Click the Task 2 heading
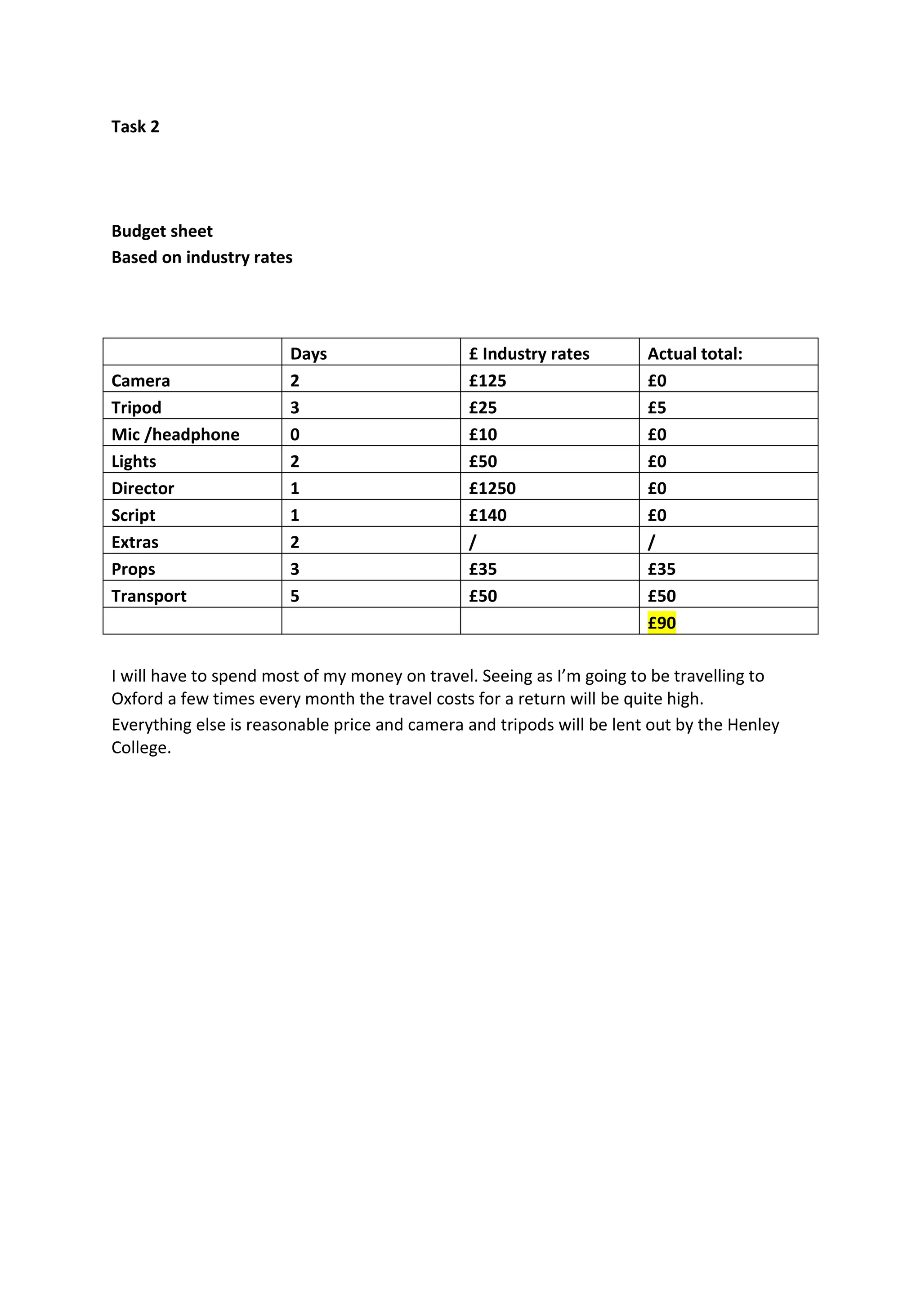point(135,126)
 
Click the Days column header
point(308,354)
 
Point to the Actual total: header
point(695,354)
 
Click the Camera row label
point(141,380)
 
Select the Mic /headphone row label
point(175,434)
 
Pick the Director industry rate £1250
point(492,488)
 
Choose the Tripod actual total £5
point(657,408)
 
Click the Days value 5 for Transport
point(295,596)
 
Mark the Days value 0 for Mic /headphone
point(295,434)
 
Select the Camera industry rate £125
point(488,380)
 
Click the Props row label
point(133,569)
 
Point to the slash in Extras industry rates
point(472,543)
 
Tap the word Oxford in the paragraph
point(137,699)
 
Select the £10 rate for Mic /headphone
point(483,434)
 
